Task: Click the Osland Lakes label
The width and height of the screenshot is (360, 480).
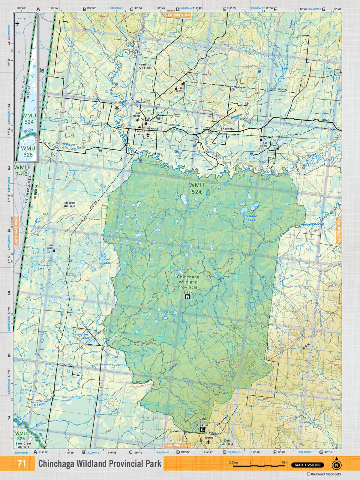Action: point(251,218)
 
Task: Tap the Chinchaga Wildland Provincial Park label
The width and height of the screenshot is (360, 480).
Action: point(188,284)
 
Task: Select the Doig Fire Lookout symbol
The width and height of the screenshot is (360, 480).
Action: point(202,430)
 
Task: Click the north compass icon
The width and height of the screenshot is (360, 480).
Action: point(337,464)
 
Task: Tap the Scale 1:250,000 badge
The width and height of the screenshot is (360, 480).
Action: point(307,465)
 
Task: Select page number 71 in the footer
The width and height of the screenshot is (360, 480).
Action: point(22,464)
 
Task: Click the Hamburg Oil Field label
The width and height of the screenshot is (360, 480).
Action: point(145,66)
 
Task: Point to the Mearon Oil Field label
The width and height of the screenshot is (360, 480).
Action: point(69,204)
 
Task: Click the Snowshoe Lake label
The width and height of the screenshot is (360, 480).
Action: point(45,267)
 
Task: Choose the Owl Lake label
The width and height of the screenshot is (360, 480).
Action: point(107,261)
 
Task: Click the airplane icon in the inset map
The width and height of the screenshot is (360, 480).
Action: point(17,24)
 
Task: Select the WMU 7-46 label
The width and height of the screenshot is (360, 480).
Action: point(22,171)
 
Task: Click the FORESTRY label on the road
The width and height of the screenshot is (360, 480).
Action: point(227,129)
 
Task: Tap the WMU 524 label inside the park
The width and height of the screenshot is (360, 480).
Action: point(196,188)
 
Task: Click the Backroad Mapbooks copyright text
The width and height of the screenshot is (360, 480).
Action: point(324,474)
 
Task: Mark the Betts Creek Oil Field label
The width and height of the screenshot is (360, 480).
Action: point(23,445)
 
